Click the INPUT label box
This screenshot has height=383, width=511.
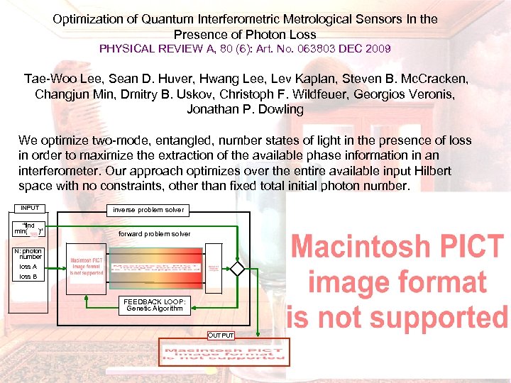tap(30, 209)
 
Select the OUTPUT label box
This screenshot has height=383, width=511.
tap(220, 335)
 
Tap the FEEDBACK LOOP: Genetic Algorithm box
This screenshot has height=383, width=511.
tap(155, 305)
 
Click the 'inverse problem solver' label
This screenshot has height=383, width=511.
tap(148, 210)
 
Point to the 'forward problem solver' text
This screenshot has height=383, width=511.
tap(154, 233)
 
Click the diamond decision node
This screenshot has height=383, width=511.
tap(236, 269)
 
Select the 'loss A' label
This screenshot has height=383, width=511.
tap(28, 267)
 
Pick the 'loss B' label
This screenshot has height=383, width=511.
tap(28, 277)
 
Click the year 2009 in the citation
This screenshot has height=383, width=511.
tap(375, 49)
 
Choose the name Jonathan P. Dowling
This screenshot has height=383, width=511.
tap(245, 109)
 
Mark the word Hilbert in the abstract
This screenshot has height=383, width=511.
tap(432, 172)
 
